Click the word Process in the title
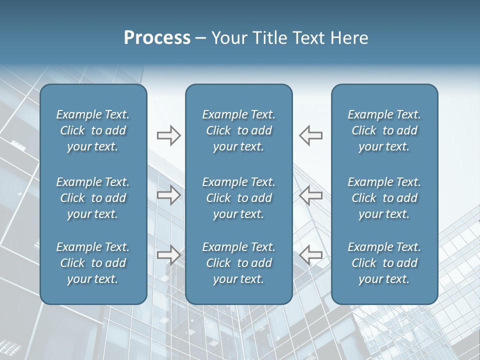pyautogui.click(x=157, y=38)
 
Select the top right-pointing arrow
pyautogui.click(x=168, y=135)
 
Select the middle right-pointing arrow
pyautogui.click(x=168, y=195)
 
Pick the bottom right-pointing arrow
pyautogui.click(x=168, y=255)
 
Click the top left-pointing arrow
pyautogui.click(x=311, y=135)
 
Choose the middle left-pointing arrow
pyautogui.click(x=311, y=195)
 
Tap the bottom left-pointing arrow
pyautogui.click(x=311, y=255)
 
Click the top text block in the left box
pyautogui.click(x=93, y=130)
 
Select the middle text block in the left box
pyautogui.click(x=93, y=198)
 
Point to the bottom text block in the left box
pyautogui.click(x=93, y=263)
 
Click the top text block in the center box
pyautogui.click(x=239, y=130)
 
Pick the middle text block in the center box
pyautogui.click(x=239, y=198)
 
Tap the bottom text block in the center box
pyautogui.click(x=239, y=263)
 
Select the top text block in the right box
pyautogui.click(x=384, y=130)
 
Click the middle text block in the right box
pyautogui.click(x=384, y=198)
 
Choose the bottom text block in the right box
pyautogui.click(x=384, y=263)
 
